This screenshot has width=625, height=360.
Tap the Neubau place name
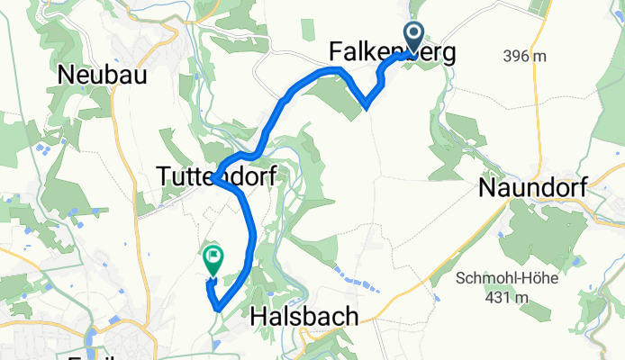[102, 76]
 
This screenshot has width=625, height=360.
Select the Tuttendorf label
[216, 177]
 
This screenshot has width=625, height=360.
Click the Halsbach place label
[303, 316]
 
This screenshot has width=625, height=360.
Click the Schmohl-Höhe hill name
[505, 277]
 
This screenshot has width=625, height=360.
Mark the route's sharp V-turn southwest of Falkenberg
[367, 106]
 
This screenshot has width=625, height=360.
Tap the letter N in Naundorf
[486, 189]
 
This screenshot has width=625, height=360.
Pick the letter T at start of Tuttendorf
[164, 177]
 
